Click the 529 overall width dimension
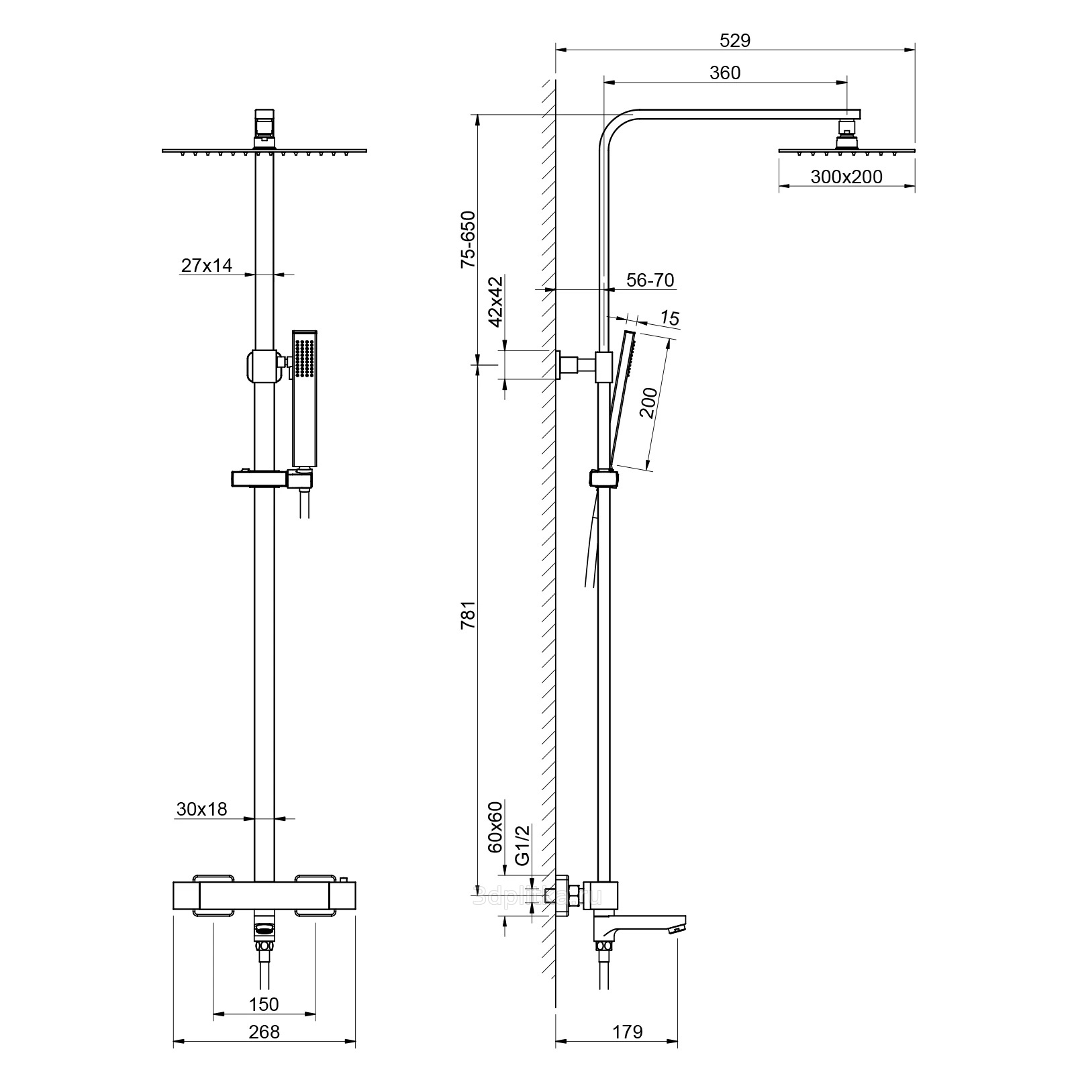(x=734, y=40)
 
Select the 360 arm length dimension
(x=725, y=72)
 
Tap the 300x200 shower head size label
(x=846, y=177)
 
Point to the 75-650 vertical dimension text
(x=468, y=240)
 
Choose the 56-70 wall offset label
(x=650, y=280)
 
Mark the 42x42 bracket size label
(x=495, y=301)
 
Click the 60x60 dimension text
(x=495, y=826)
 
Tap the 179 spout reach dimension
(x=628, y=1031)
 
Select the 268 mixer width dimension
(x=264, y=1031)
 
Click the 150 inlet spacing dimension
(x=264, y=1004)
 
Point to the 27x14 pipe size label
(x=207, y=266)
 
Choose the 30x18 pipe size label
(x=202, y=810)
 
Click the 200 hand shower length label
(x=648, y=403)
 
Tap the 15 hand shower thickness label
(x=670, y=318)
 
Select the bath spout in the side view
(x=641, y=924)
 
